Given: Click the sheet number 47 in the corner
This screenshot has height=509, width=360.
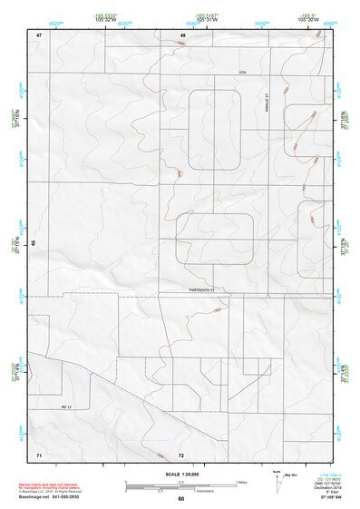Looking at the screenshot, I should [40, 34].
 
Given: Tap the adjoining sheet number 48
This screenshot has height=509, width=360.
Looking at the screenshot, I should [182, 34].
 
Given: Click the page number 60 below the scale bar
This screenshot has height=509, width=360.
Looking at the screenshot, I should [181, 499].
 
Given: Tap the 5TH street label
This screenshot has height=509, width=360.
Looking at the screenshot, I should [243, 70].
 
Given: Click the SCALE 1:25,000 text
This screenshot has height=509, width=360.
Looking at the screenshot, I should [180, 474].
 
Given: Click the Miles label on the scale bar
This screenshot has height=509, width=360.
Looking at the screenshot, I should [240, 481].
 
